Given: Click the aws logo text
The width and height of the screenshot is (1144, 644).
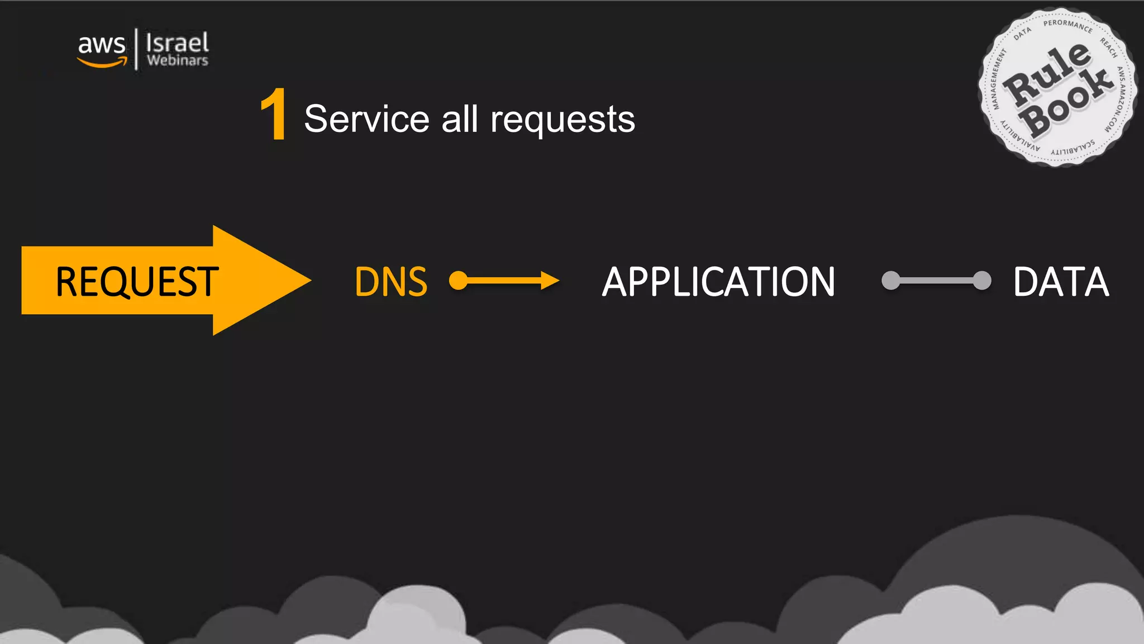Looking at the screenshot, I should (102, 45).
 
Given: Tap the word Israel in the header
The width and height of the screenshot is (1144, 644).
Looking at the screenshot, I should (177, 42).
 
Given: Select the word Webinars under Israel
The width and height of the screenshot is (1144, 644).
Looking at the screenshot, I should (178, 60).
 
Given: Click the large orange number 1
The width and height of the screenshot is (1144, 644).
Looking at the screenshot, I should (274, 115).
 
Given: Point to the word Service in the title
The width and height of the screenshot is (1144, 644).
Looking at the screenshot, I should (366, 119).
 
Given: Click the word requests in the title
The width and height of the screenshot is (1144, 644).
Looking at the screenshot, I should (563, 119).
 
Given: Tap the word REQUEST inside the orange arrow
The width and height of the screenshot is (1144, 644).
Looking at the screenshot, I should (137, 281).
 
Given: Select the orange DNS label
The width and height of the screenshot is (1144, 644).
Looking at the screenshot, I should (391, 281).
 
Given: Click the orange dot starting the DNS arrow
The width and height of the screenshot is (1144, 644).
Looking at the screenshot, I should (459, 281).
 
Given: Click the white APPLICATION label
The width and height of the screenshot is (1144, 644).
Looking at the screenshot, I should (718, 281).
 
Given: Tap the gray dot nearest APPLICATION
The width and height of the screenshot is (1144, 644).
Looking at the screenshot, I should (891, 280).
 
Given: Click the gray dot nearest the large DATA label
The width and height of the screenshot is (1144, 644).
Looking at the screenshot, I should (981, 280).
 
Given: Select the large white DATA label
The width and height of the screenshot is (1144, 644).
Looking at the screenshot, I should (1061, 281).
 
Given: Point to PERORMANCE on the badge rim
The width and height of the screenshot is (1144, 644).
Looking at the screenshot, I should (1067, 25).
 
